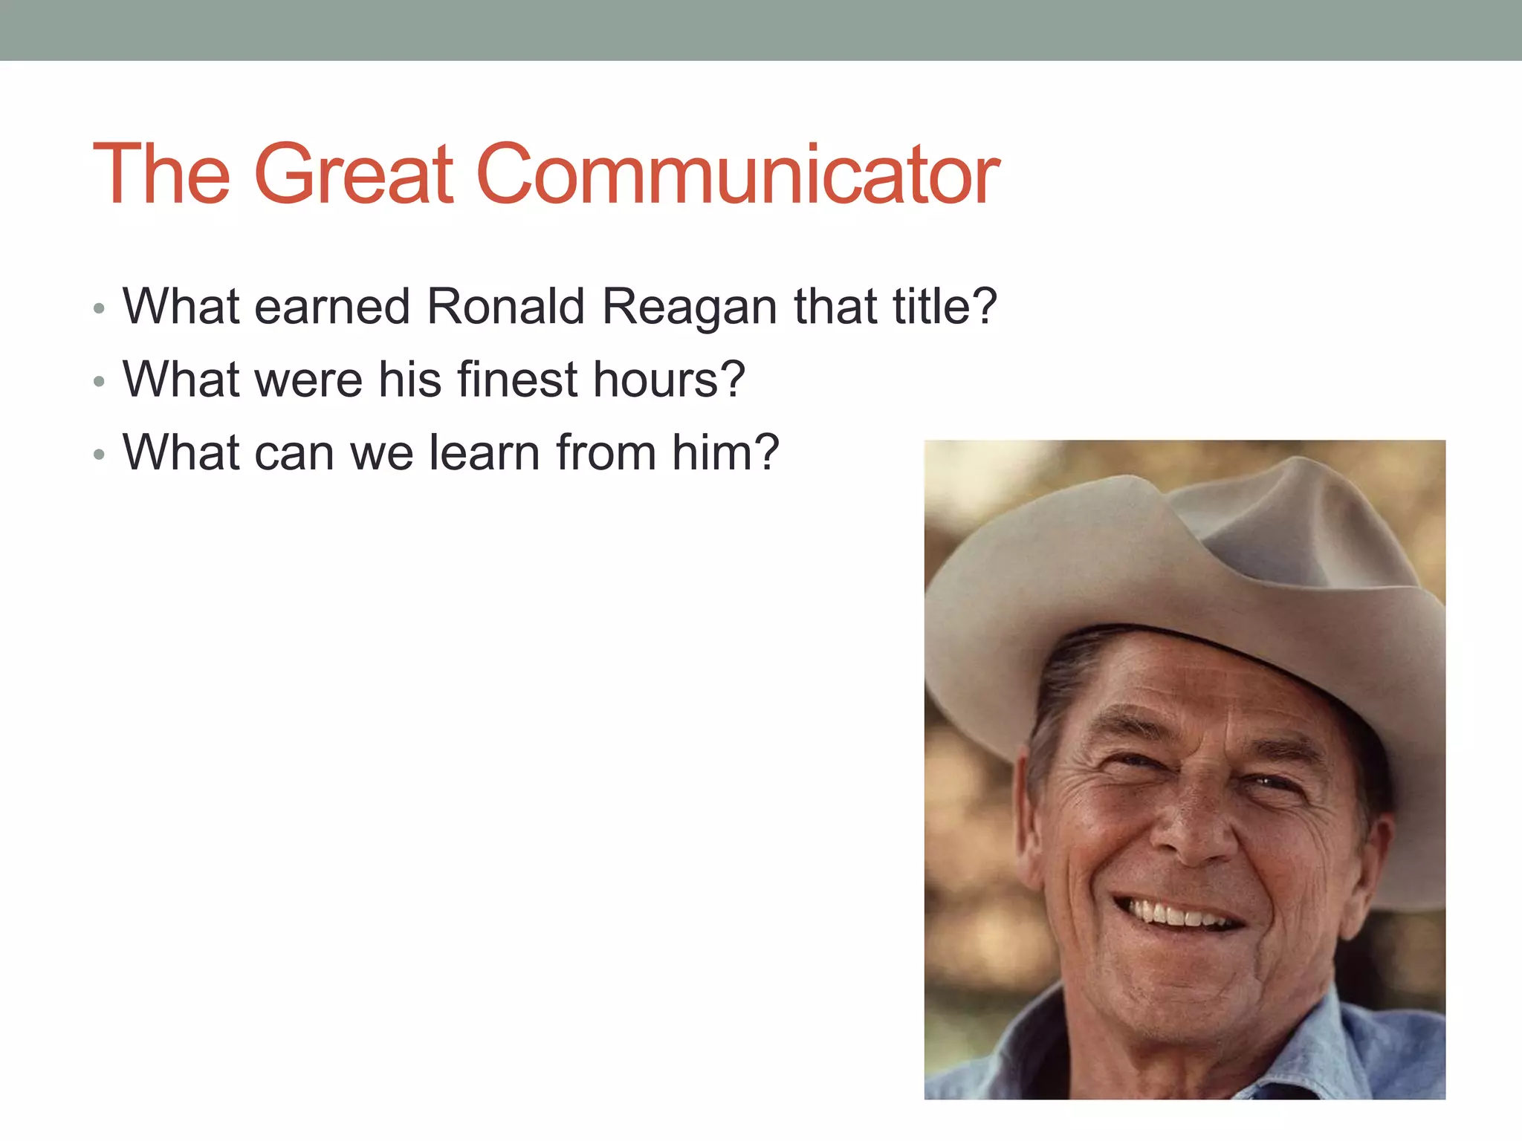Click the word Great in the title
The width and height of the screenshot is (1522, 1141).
point(354,175)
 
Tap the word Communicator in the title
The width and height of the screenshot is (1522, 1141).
point(737,175)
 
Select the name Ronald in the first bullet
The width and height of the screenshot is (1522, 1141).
point(505,306)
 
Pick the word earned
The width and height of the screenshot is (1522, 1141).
point(332,307)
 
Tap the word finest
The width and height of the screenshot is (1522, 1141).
point(517,379)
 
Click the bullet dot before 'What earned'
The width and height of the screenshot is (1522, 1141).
point(100,308)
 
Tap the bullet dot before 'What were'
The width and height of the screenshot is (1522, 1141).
point(100,382)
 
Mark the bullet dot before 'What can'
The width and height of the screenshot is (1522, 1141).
point(100,455)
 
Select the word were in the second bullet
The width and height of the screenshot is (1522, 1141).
point(308,380)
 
